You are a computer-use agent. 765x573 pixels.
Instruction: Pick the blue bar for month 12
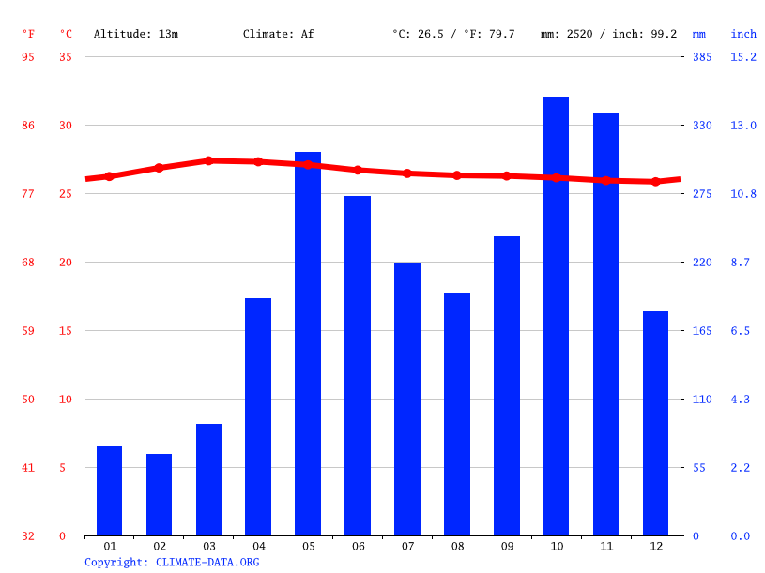[655, 423]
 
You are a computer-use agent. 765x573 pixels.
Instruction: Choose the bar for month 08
[457, 414]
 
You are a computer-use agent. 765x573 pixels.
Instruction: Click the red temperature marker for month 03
[209, 161]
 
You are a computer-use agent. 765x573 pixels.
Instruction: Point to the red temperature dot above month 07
[407, 173]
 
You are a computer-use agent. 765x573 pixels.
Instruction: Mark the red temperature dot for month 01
[110, 176]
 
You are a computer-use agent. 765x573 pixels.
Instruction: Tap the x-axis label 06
[358, 546]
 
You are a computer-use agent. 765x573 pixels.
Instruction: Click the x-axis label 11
[605, 546]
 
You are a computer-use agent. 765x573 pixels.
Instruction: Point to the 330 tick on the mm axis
[702, 125]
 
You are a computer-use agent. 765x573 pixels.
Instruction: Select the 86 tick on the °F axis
[28, 125]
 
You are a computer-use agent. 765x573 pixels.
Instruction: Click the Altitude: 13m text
[135, 34]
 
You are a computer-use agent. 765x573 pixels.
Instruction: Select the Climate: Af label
[278, 34]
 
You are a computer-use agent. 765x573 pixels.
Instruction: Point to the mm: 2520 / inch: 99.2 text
[608, 34]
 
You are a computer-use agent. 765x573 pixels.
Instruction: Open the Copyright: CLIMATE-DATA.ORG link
[172, 562]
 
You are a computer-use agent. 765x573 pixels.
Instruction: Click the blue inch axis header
[743, 34]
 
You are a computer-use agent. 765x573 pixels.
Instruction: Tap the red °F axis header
[28, 34]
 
